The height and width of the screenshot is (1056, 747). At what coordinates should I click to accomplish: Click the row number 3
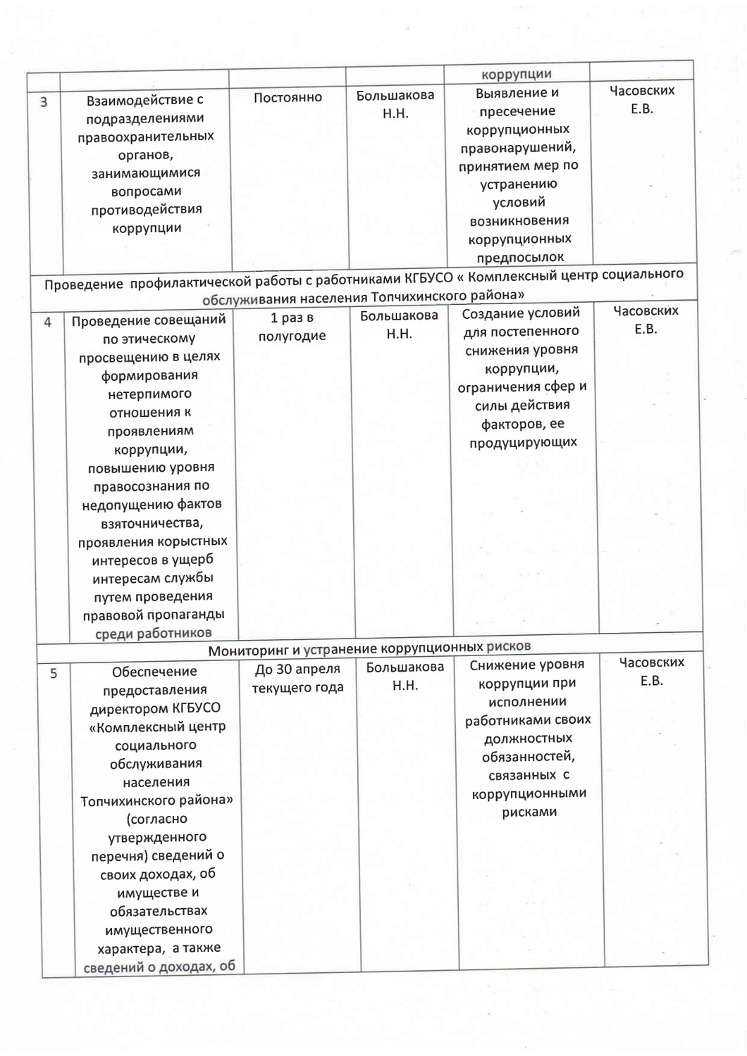(x=44, y=102)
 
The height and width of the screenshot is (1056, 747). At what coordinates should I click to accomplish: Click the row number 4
(x=48, y=322)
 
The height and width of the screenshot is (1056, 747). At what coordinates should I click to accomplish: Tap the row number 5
(x=54, y=674)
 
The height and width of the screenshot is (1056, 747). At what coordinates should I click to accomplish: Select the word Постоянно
(x=288, y=97)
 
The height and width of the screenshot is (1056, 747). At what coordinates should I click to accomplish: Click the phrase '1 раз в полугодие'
(x=292, y=327)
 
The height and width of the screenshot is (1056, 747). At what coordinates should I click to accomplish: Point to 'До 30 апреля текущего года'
(x=297, y=678)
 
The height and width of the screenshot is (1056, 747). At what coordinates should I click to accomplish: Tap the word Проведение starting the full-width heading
(x=80, y=285)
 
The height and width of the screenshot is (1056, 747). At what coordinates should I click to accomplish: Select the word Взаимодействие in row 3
(x=144, y=100)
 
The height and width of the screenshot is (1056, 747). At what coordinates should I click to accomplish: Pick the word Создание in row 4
(x=493, y=313)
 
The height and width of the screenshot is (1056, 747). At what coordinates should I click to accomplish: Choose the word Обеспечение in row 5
(x=154, y=672)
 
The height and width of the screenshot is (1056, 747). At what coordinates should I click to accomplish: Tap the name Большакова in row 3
(x=395, y=96)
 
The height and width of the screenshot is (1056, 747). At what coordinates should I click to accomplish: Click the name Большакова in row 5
(x=405, y=667)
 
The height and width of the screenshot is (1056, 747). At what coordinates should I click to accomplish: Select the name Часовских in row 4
(x=646, y=310)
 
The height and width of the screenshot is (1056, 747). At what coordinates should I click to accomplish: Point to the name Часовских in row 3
(x=642, y=90)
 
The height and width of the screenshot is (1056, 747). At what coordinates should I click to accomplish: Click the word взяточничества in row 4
(x=152, y=522)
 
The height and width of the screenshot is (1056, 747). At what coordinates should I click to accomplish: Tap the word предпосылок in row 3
(x=520, y=257)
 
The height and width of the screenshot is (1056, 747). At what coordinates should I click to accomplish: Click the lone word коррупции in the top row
(x=517, y=74)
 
